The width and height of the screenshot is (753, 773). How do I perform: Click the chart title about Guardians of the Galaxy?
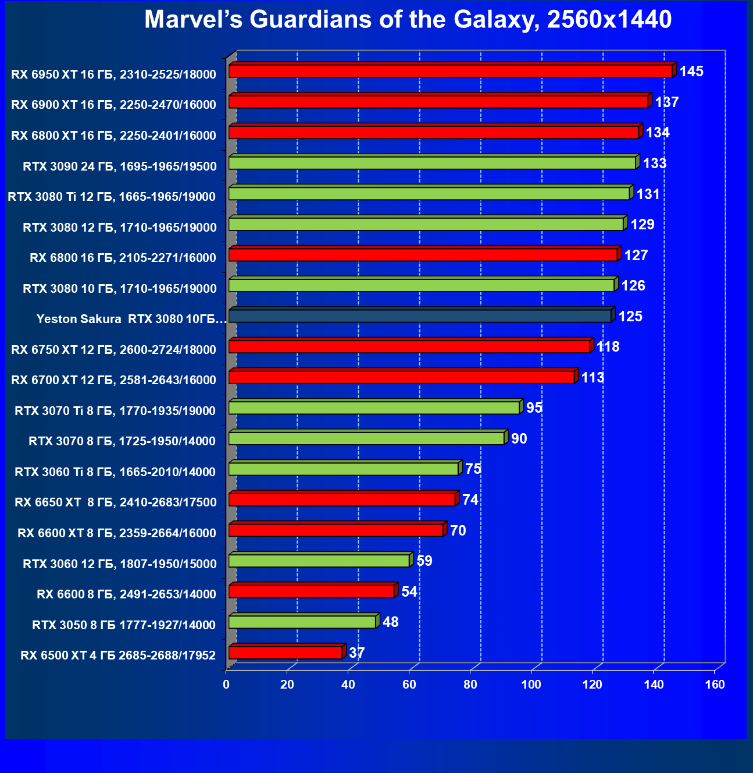point(408,20)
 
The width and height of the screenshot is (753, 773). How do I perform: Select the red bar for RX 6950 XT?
point(450,71)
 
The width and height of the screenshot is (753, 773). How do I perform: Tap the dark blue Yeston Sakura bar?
point(419,316)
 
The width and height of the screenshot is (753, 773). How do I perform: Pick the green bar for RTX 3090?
point(431,163)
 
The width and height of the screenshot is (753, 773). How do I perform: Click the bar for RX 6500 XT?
point(285,653)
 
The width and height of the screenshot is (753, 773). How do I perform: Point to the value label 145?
point(691,72)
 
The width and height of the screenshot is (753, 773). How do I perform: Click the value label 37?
point(356,653)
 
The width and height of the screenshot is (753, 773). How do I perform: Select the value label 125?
point(630,317)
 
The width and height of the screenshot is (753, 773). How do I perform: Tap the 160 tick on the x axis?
point(715,685)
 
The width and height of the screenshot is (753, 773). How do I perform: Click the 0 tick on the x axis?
point(226,685)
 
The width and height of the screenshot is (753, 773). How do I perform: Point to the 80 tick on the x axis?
point(470,685)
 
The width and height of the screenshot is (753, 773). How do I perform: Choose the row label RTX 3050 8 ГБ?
point(124,625)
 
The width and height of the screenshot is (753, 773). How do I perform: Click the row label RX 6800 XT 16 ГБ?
point(114,136)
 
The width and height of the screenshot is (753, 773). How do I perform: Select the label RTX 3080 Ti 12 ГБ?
point(112,197)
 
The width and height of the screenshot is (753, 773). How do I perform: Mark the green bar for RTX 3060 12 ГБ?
point(319,561)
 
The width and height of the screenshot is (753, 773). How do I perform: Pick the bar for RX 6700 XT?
point(401,377)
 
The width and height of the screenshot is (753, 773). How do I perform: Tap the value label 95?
point(534,408)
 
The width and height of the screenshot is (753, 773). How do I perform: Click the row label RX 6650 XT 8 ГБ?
point(116,502)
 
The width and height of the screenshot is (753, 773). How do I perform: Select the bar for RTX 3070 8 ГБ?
point(366,438)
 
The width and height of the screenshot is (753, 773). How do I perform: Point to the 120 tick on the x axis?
point(593,685)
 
